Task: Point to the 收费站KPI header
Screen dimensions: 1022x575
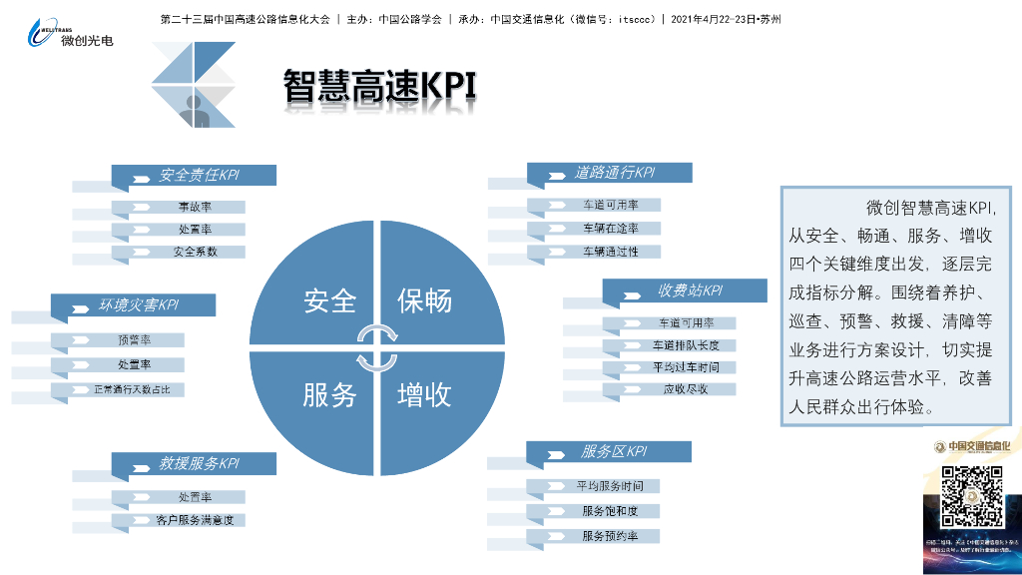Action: click(688, 291)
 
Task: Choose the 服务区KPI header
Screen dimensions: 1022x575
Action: click(613, 451)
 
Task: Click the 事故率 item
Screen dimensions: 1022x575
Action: click(195, 207)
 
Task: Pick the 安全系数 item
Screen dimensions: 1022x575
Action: click(195, 252)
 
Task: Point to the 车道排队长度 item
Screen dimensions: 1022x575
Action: click(686, 345)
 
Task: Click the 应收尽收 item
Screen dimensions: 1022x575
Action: click(686, 388)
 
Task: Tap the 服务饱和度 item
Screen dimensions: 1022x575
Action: click(609, 511)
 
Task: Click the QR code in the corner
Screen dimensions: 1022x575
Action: click(971, 497)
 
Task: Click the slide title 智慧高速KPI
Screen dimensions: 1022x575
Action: click(380, 86)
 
